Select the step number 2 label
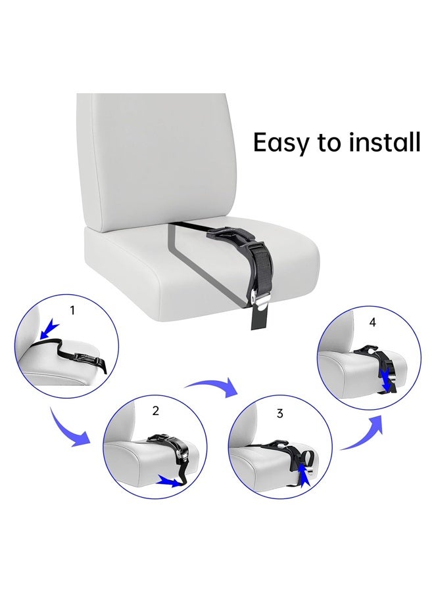pyautogui.click(x=156, y=411)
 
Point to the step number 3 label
pyautogui.click(x=280, y=413)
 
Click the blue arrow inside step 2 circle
pyautogui.click(x=168, y=483)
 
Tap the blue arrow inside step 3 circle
pyautogui.click(x=304, y=471)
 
